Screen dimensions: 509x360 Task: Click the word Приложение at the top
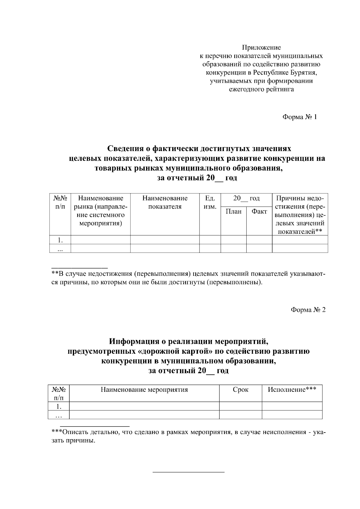(261, 48)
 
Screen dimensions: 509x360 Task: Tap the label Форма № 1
(299, 117)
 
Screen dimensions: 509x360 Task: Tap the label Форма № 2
(308, 310)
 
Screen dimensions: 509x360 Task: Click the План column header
(233, 212)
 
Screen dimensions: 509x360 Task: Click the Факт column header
(259, 212)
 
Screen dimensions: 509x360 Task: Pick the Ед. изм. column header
(210, 202)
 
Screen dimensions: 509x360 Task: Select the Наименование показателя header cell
(165, 202)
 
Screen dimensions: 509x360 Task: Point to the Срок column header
(241, 390)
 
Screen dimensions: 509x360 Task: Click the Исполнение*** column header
(292, 390)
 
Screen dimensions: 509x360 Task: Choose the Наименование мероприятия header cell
(144, 390)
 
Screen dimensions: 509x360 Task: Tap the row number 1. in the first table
(60, 240)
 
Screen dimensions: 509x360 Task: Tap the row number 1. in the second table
(59, 407)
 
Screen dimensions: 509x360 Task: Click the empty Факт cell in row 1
(259, 240)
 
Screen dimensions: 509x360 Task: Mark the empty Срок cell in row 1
(241, 406)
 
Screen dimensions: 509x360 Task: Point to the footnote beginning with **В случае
(186, 278)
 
